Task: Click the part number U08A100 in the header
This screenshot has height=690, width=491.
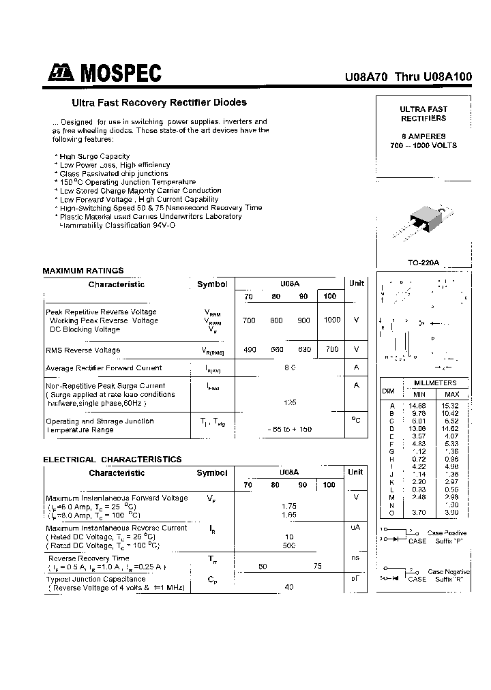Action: coord(447,78)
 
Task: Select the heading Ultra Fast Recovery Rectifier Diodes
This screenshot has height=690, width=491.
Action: coord(160,103)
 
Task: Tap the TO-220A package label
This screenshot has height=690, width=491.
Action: coord(423,262)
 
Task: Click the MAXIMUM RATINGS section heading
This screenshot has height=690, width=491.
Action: coord(83,271)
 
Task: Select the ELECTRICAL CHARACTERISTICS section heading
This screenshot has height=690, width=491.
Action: coord(113,460)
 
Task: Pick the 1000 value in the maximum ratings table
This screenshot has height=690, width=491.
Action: coord(332,320)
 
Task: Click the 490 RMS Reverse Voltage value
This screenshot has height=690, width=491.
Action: coord(250,350)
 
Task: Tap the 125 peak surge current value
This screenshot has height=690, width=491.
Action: coord(290,403)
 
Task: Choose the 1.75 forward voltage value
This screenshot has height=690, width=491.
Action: coord(290,507)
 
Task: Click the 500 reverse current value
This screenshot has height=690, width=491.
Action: coord(290,545)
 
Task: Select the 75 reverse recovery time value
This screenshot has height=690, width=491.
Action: coord(317,567)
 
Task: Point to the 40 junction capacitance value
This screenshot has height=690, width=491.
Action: coord(290,587)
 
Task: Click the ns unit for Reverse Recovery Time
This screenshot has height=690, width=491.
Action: coord(355,558)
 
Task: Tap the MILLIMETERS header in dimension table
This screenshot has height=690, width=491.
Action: coord(435,383)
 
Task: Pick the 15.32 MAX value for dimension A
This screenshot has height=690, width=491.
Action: coord(451,406)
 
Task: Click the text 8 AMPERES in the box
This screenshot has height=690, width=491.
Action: coord(423,136)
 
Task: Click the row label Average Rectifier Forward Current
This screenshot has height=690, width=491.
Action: coord(104,368)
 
